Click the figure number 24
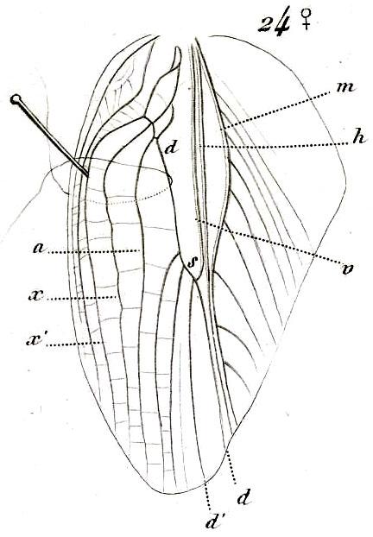tap(275, 24)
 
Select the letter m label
tap(345, 87)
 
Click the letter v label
tap(347, 269)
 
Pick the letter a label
tap(39, 248)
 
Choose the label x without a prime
tap(35, 295)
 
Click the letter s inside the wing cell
tap(193, 262)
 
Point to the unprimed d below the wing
tap(244, 498)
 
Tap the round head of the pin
tap(16, 99)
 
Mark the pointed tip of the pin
tap(88, 177)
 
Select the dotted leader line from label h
tap(272, 146)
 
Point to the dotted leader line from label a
tap(94, 252)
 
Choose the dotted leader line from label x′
tap(74, 344)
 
